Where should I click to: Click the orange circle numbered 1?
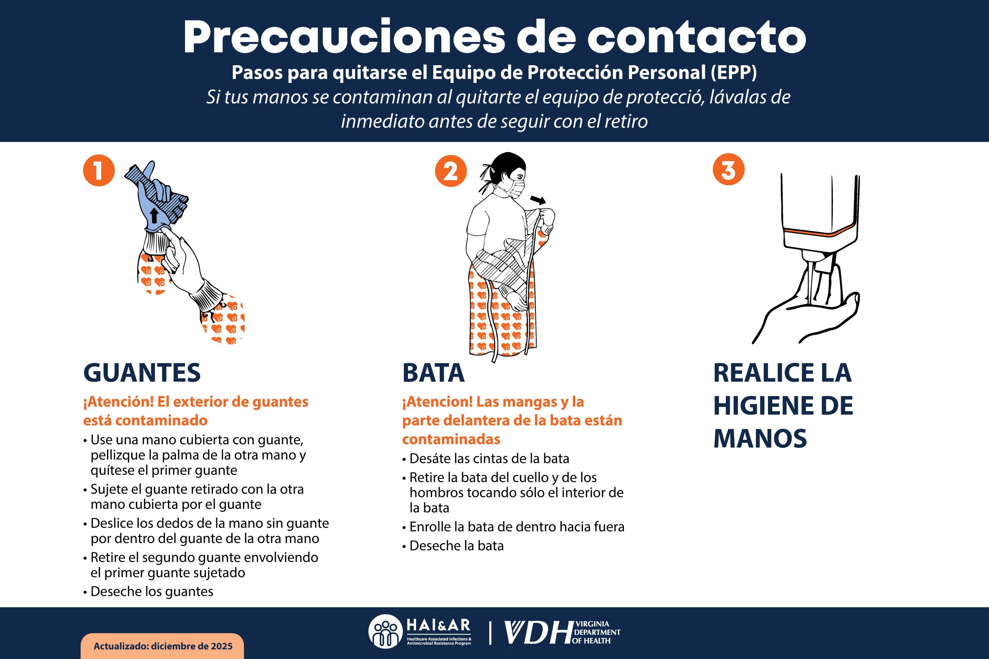pyautogui.click(x=99, y=171)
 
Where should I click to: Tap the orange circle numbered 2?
pyautogui.click(x=450, y=171)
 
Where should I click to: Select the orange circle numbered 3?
pyautogui.click(x=728, y=170)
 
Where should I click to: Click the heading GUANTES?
pyautogui.click(x=142, y=373)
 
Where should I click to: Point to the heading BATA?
pyautogui.click(x=433, y=373)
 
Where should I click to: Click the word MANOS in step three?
pyautogui.click(x=760, y=438)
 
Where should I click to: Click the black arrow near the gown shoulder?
pyautogui.click(x=537, y=199)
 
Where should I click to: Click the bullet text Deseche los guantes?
pyautogui.click(x=151, y=591)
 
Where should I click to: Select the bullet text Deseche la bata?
pyautogui.click(x=456, y=545)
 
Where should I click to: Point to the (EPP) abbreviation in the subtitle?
pyautogui.click(x=733, y=73)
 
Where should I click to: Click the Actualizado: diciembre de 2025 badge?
pyautogui.click(x=162, y=646)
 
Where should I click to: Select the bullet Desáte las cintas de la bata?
pyautogui.click(x=489, y=459)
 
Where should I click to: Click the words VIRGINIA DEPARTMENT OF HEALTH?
pyautogui.click(x=596, y=632)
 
